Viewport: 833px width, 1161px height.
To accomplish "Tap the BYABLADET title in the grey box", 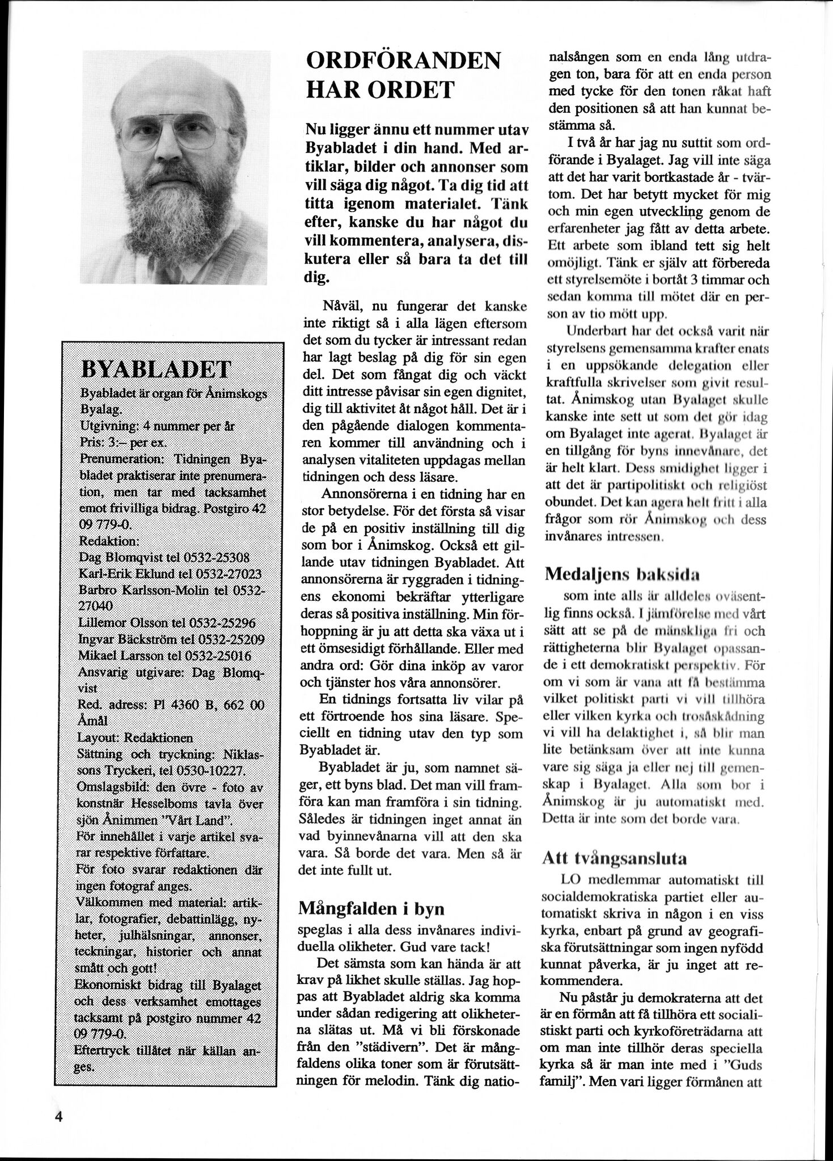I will [x=156, y=370].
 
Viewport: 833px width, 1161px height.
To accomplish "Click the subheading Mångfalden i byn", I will [x=371, y=909].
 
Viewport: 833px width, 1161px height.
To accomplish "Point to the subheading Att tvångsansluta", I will [x=614, y=858].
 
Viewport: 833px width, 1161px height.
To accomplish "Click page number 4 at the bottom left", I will [x=58, y=1116].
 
